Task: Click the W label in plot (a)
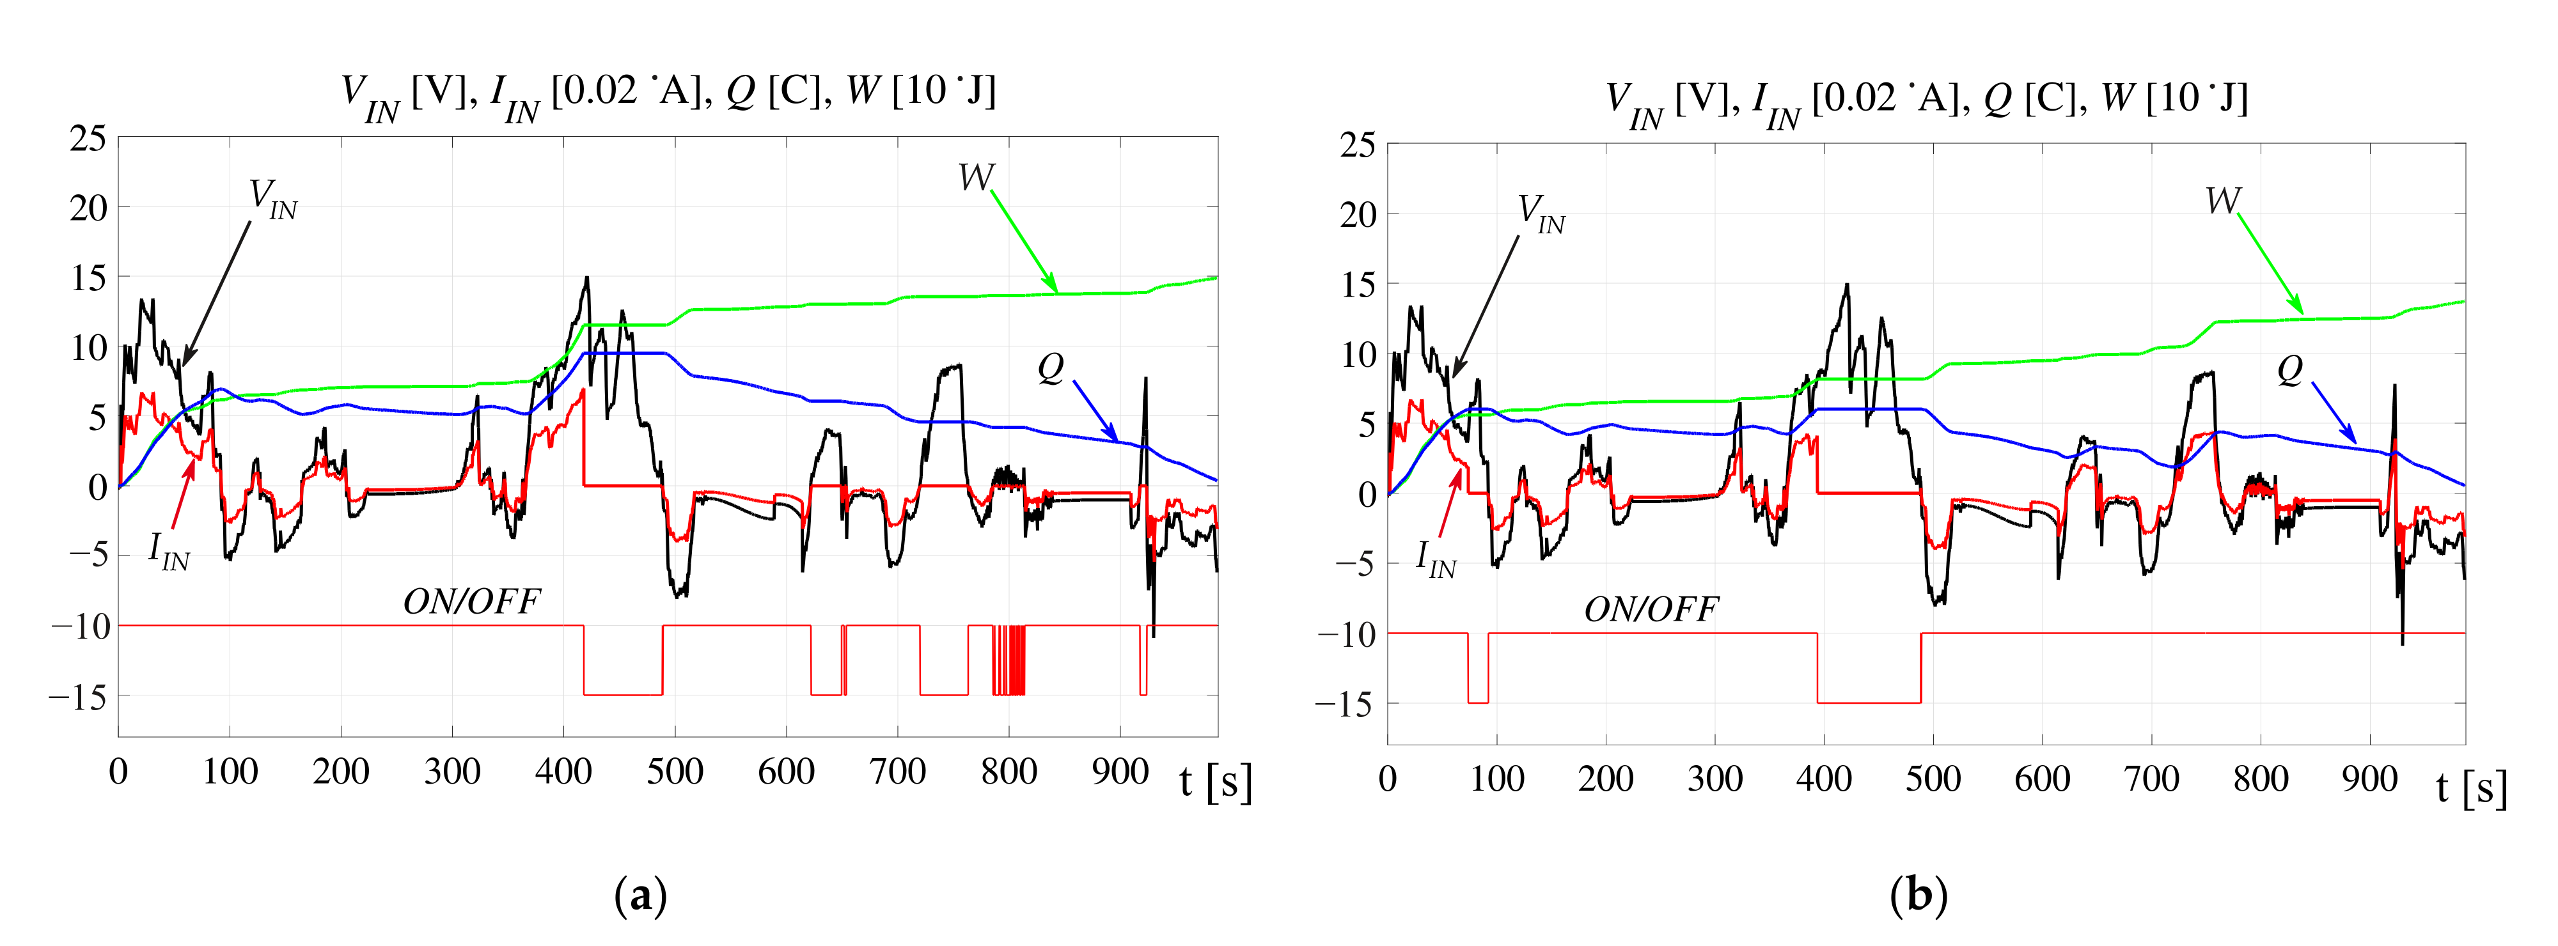click(x=975, y=178)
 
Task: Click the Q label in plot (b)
click(x=2289, y=370)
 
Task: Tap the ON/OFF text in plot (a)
click(x=472, y=601)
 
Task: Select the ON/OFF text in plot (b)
click(x=1651, y=609)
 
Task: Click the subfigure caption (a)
click(x=641, y=896)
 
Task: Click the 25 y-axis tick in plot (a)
click(x=88, y=139)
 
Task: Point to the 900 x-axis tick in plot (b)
click(x=2369, y=779)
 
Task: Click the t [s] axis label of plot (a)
click(x=1216, y=782)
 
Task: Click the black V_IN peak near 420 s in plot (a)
click(x=587, y=279)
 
